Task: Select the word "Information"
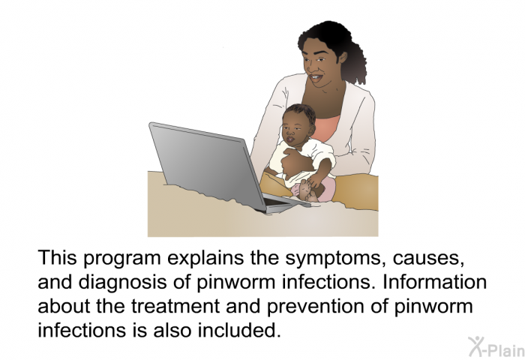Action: click(x=435, y=282)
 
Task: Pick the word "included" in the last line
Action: click(x=238, y=330)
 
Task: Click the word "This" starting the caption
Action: click(x=58, y=257)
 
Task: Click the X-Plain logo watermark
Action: click(x=496, y=347)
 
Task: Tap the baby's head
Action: click(x=298, y=123)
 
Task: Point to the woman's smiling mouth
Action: click(x=316, y=78)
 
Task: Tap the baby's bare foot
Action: click(x=306, y=190)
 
